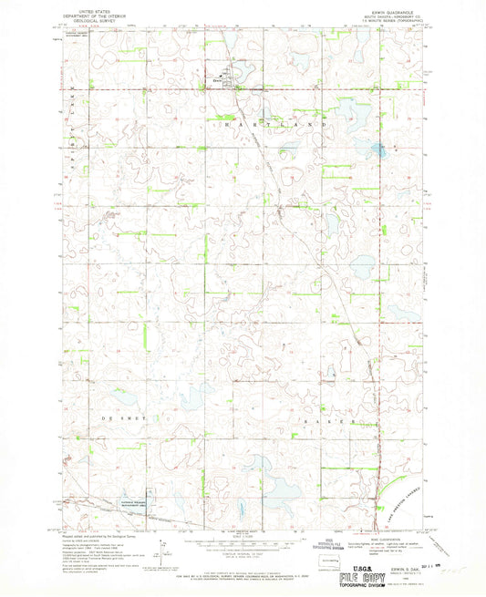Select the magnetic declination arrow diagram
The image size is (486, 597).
click(x=161, y=548)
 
